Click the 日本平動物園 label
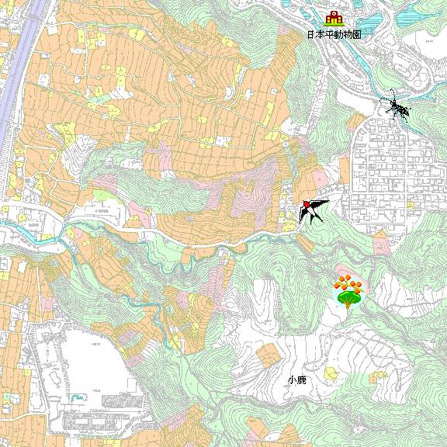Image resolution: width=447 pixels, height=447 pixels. (x=334, y=35)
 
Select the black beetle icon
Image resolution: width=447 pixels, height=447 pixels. (x=398, y=108)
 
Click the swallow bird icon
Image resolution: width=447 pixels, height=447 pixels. (x=312, y=210)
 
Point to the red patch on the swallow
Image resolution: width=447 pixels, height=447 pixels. (x=307, y=204)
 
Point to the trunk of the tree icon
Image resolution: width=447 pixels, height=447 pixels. (x=348, y=305)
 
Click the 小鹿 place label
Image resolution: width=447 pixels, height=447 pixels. (x=296, y=380)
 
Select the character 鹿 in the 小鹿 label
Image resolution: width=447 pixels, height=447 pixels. (x=301, y=380)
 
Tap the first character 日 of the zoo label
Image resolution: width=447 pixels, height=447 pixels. (x=310, y=35)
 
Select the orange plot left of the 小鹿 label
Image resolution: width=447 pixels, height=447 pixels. (x=268, y=355)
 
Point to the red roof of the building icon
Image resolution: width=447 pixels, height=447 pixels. (x=334, y=14)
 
